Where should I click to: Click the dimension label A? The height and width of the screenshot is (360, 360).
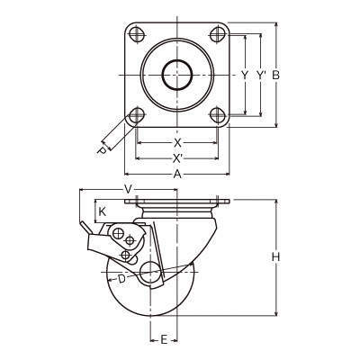point(177,174)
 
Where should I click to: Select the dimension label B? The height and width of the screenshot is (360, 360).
point(275,75)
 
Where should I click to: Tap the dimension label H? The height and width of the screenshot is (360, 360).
point(275,257)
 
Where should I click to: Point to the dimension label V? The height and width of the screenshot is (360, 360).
point(129,189)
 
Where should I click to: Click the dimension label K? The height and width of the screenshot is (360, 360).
point(103,212)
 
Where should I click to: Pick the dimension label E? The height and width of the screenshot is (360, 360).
point(164,340)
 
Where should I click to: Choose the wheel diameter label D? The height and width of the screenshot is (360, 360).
point(121,279)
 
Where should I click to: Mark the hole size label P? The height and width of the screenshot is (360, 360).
point(102,151)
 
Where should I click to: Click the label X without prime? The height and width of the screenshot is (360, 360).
point(177,143)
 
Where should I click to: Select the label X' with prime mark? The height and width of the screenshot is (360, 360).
point(178,158)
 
